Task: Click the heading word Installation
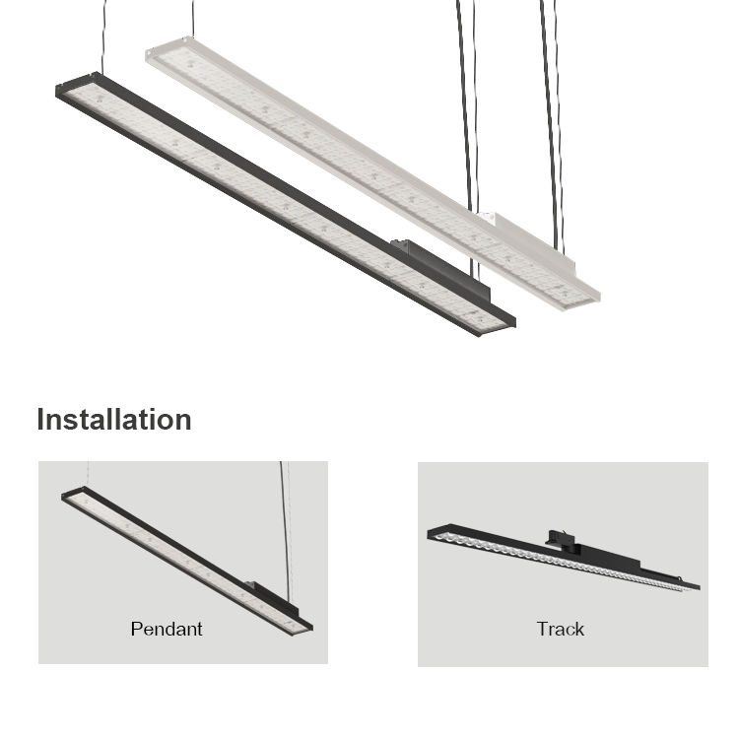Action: [114, 420]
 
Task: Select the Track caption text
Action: [560, 628]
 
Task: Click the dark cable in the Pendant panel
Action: [285, 522]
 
